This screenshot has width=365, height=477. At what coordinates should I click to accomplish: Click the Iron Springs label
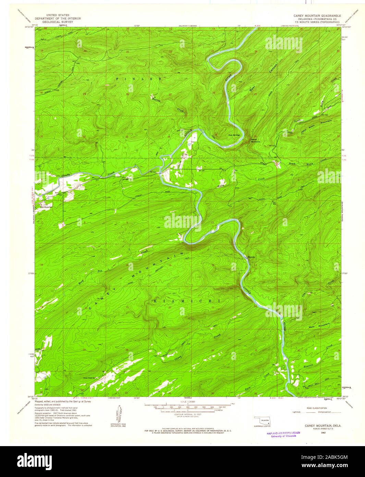click(x=234, y=135)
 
